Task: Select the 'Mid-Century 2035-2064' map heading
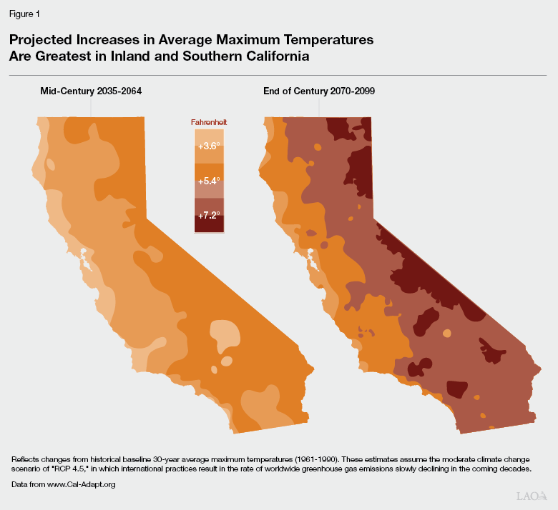pos(91,91)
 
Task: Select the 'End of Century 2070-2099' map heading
pos(319,91)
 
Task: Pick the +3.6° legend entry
pos(209,146)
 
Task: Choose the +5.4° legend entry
pos(209,181)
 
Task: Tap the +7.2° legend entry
pos(209,215)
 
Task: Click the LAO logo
pos(532,495)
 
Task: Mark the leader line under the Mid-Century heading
pos(91,106)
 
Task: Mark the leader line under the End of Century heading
pos(319,106)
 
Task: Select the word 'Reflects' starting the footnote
pos(24,459)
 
